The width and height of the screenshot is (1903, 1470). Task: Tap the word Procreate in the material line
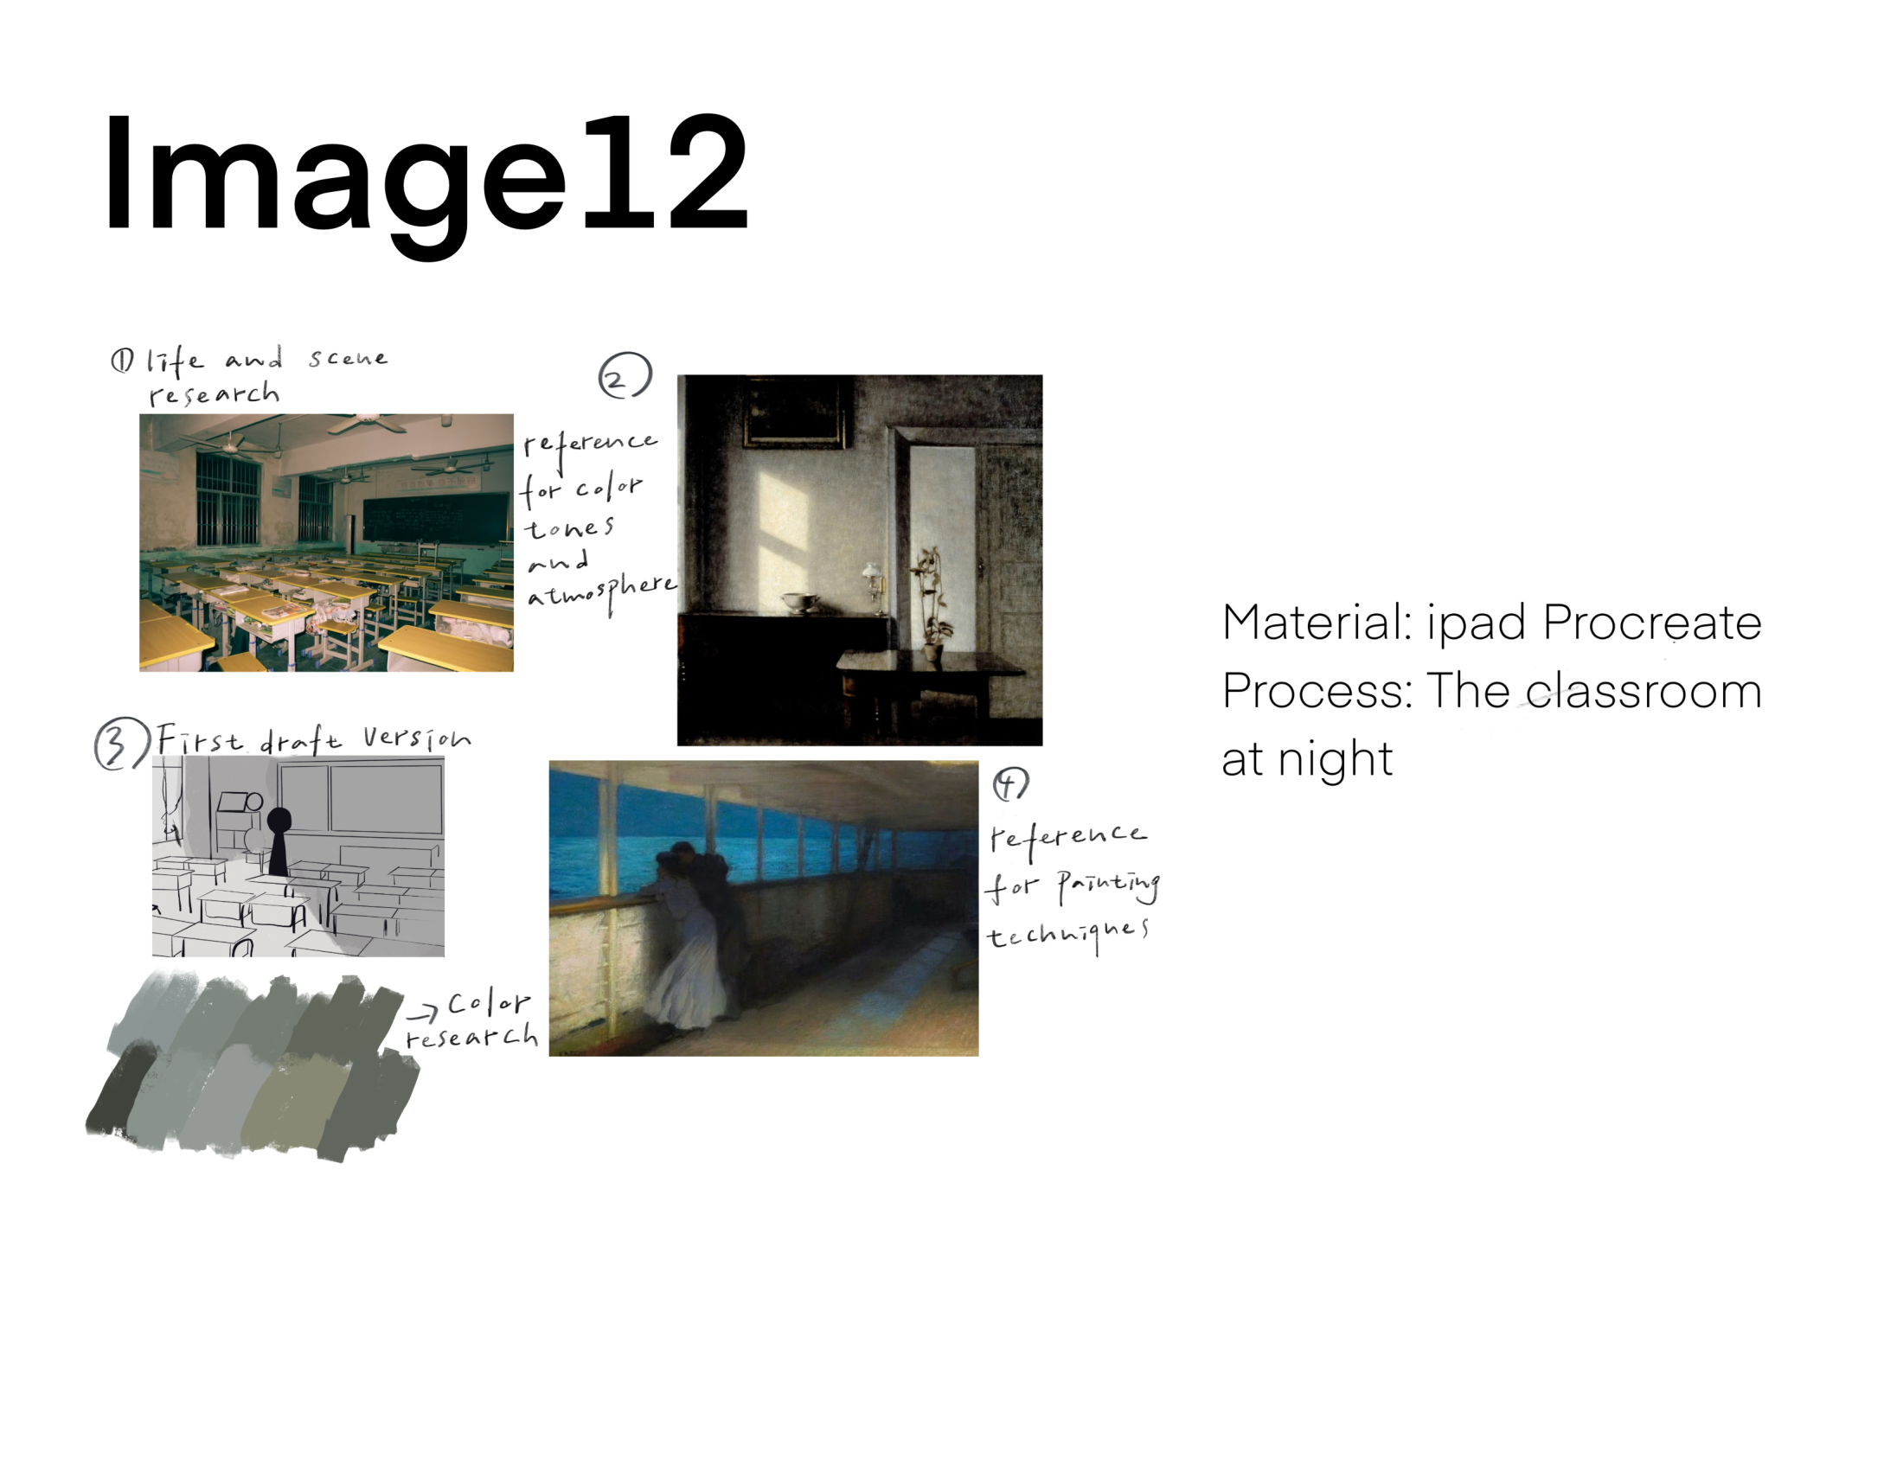pos(1652,623)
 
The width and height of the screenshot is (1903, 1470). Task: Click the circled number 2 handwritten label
pos(625,375)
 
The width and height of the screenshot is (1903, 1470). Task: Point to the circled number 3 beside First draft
pos(120,743)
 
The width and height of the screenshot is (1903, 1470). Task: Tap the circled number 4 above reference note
pos(1010,783)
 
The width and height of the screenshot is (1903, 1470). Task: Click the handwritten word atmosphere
pos(601,594)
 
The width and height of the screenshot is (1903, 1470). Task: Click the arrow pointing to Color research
pos(423,1013)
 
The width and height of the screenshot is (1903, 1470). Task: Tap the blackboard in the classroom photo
pos(435,517)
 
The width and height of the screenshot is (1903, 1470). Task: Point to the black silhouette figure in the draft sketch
pos(279,841)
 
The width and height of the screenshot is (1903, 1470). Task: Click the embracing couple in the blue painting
pos(692,936)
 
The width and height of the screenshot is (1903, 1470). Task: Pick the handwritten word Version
pos(418,738)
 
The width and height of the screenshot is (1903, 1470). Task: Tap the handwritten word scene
pos(348,358)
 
